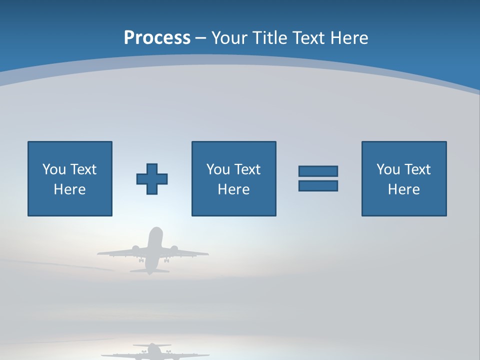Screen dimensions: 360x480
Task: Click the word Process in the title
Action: tap(157, 38)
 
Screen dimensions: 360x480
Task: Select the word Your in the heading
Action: tap(230, 38)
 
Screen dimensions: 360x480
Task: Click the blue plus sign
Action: tap(152, 179)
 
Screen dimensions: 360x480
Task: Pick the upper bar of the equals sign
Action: tap(318, 171)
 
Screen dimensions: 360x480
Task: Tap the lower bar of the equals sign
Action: tap(318, 185)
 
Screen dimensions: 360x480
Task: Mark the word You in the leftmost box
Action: tap(54, 169)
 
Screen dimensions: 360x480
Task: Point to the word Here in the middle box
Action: tap(234, 189)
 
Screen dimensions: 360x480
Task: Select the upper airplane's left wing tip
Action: tap(99, 254)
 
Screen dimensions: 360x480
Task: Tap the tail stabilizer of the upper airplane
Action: tap(149, 271)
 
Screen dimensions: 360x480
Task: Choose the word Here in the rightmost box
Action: tap(404, 189)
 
